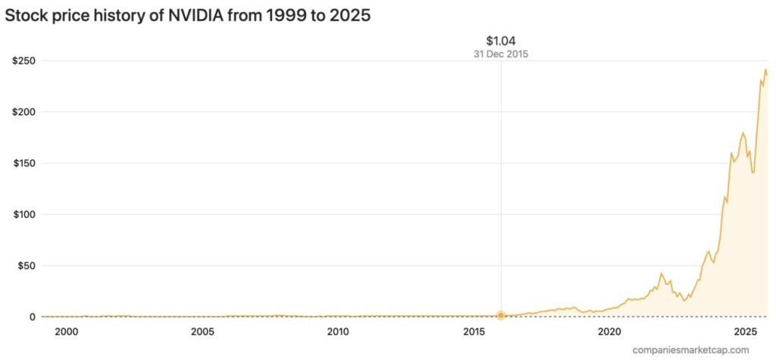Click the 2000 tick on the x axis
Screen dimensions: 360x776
[66, 332]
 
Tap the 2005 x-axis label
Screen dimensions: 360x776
[202, 332]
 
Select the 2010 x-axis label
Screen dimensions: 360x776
[338, 332]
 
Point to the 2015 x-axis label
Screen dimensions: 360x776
[474, 332]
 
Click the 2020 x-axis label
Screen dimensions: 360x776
[610, 332]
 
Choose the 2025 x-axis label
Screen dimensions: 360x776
[746, 332]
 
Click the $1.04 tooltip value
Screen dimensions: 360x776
[501, 40]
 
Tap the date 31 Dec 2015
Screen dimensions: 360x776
[501, 54]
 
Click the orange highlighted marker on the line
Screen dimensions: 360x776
[501, 315]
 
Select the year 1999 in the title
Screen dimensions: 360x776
[280, 15]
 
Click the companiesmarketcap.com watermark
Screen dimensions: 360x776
[691, 349]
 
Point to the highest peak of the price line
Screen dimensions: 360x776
[765, 70]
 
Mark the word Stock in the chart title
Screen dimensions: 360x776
[27, 15]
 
